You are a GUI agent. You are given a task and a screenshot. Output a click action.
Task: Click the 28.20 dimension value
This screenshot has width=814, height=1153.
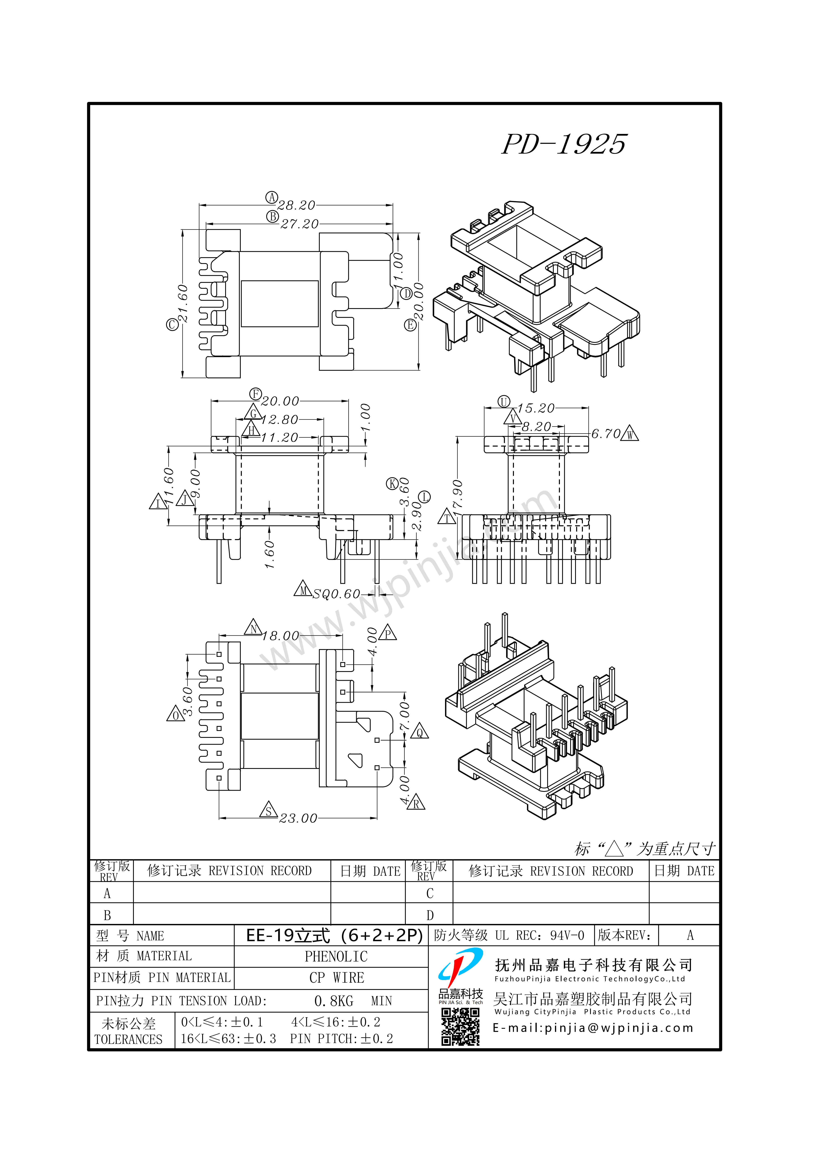click(297, 205)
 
